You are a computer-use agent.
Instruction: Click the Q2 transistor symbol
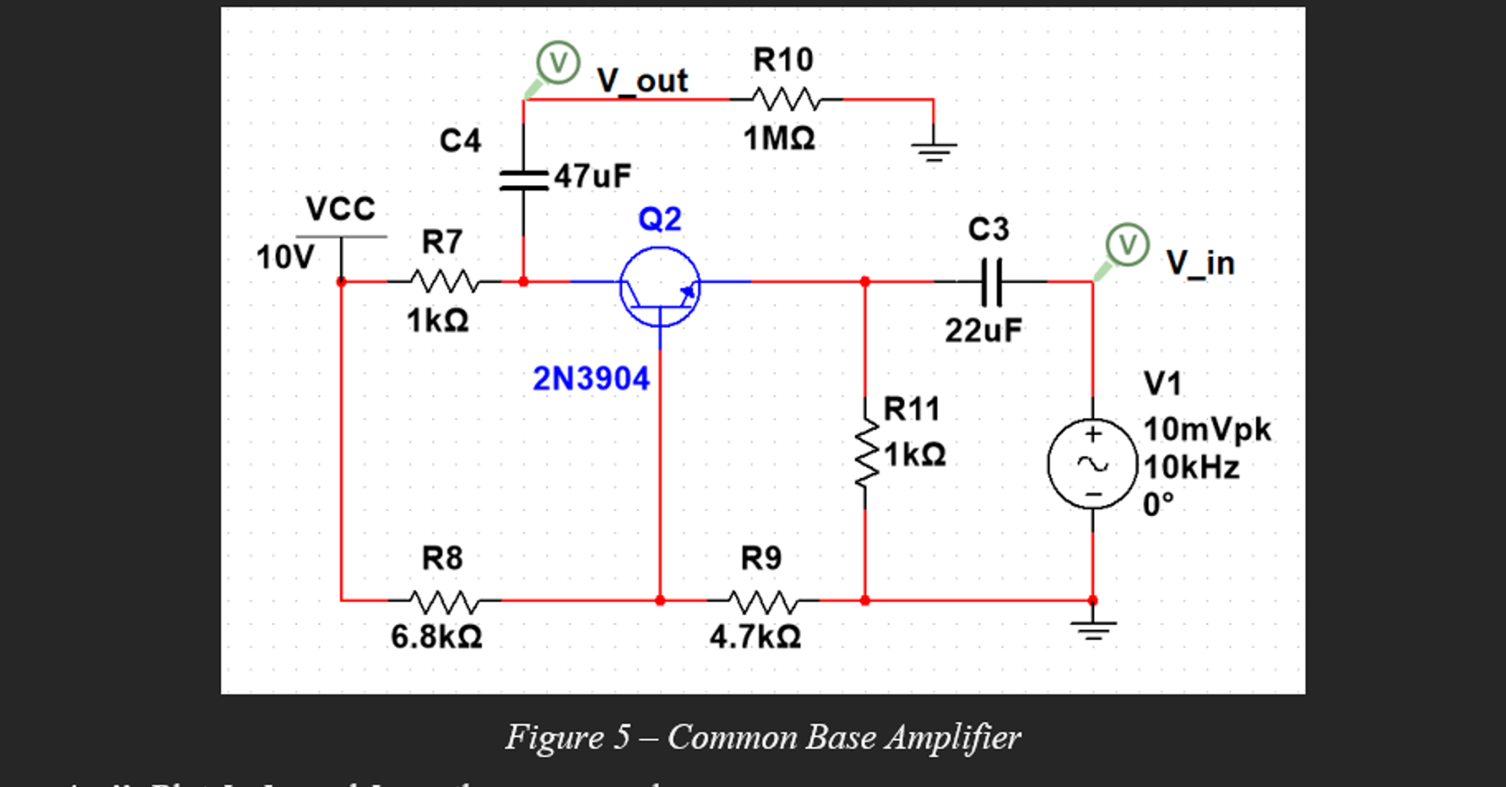659,287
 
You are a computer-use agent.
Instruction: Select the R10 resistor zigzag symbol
785,100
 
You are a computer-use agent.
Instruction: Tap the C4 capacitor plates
523,180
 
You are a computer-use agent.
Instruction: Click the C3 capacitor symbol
991,282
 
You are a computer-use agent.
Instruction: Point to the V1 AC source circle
1093,463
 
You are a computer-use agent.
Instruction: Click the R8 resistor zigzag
443,601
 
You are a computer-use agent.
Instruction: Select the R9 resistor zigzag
762,601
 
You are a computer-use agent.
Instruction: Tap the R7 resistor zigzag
443,282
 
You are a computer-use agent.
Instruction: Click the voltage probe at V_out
558,63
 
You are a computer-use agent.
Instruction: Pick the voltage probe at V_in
1126,245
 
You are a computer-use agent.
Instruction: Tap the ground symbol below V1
1093,630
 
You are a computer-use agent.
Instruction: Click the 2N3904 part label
591,379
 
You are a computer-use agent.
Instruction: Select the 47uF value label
592,176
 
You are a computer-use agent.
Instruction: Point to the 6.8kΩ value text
437,638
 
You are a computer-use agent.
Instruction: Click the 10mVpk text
1206,429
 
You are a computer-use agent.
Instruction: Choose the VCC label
340,209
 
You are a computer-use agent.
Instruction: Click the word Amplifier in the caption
952,737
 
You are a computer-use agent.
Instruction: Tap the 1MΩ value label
779,138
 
